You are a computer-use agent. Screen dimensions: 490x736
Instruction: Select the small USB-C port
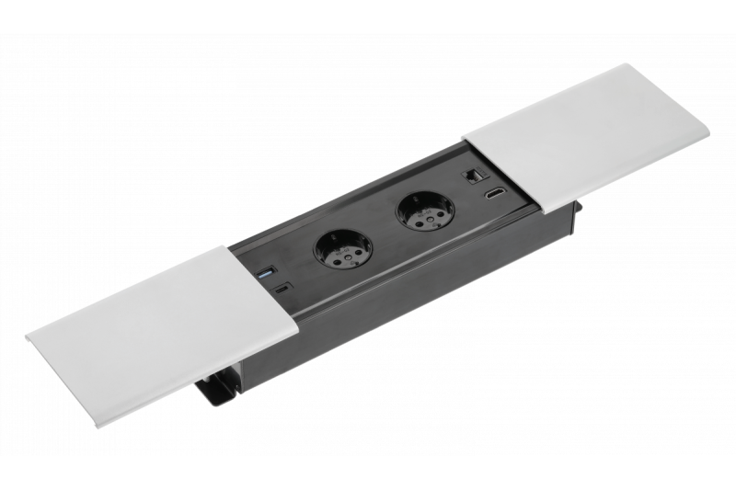[x=281, y=290]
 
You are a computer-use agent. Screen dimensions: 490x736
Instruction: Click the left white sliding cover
[x=166, y=322]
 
